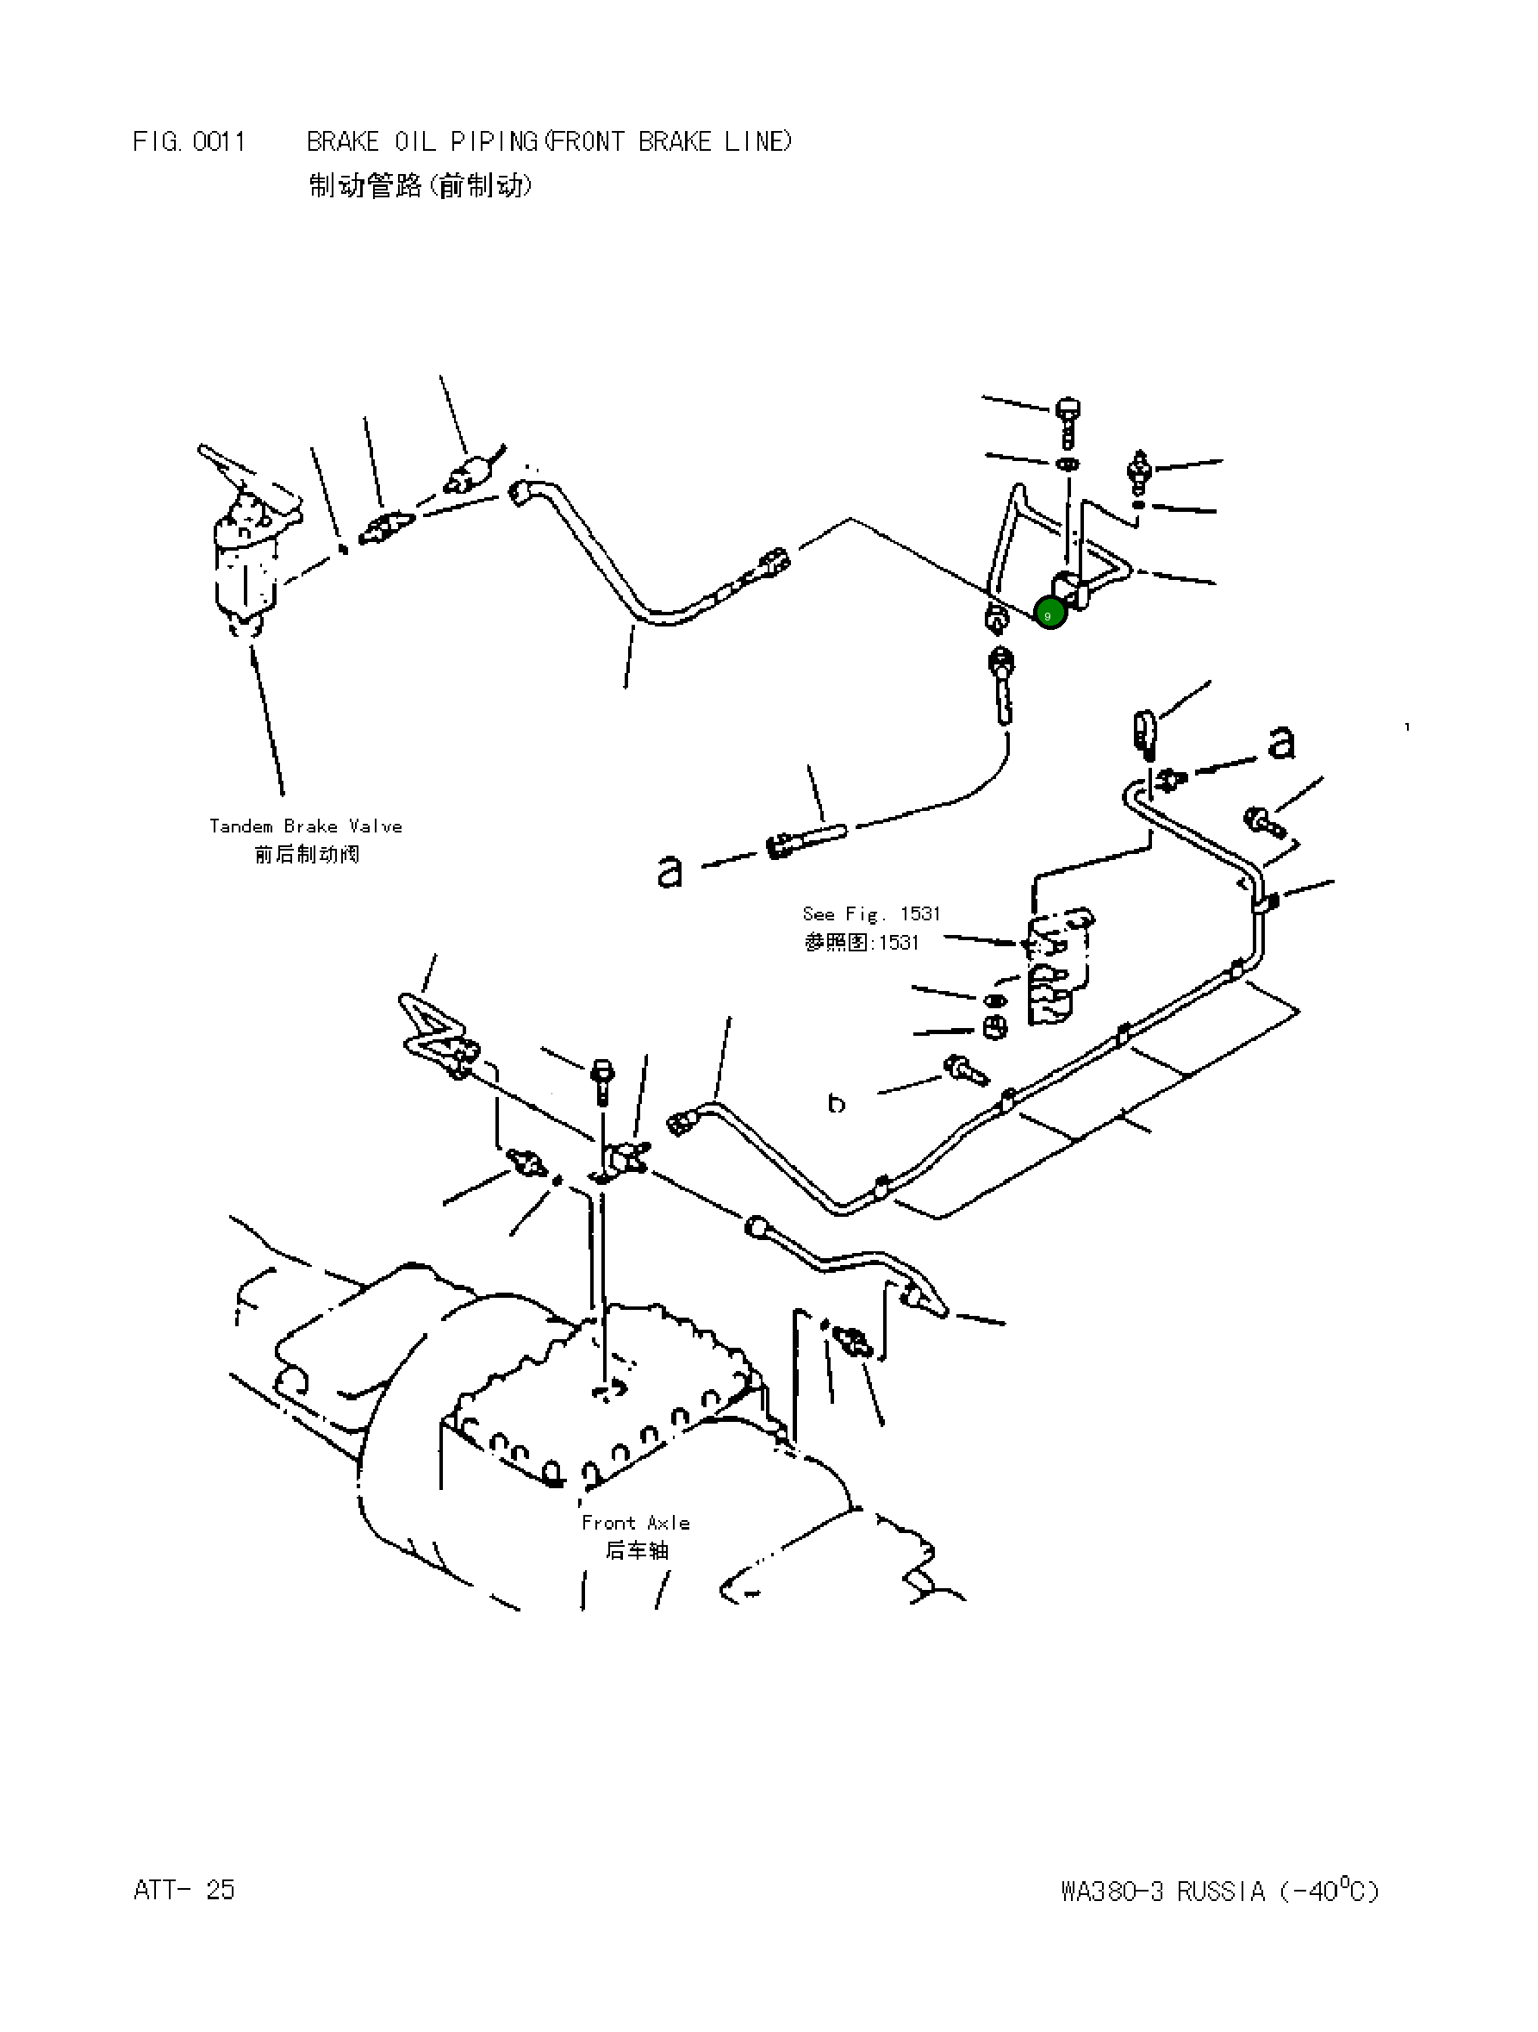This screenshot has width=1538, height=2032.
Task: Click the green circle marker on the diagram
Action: pyautogui.click(x=1050, y=614)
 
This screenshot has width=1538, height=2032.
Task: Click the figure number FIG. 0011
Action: pyautogui.click(x=190, y=141)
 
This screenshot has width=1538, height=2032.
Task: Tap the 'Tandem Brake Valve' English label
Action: pyautogui.click(x=305, y=826)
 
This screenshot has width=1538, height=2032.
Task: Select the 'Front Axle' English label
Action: pyautogui.click(x=635, y=1522)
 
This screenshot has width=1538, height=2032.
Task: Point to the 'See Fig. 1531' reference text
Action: pyautogui.click(x=871, y=913)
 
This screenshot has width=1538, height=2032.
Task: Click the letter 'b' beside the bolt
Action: pyautogui.click(x=836, y=1102)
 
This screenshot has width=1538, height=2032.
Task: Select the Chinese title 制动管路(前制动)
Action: pyautogui.click(x=420, y=185)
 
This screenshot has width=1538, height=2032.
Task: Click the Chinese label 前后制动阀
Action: pyautogui.click(x=306, y=854)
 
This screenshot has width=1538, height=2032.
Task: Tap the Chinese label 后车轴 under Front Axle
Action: pyautogui.click(x=636, y=1550)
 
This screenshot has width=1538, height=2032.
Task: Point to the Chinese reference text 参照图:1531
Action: pyautogui.click(x=861, y=943)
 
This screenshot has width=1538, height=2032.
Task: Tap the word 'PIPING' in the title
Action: pyautogui.click(x=494, y=141)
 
